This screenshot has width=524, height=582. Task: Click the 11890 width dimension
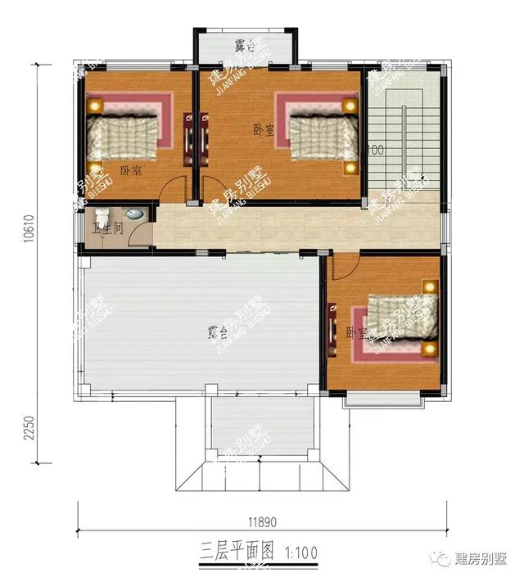point(264,521)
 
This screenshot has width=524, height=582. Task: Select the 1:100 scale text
point(300,552)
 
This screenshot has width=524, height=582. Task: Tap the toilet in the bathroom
point(137,215)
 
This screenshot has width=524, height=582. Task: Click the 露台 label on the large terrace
point(217,332)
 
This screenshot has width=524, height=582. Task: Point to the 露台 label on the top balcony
point(245,47)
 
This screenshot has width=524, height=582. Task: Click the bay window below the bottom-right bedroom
point(384,397)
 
